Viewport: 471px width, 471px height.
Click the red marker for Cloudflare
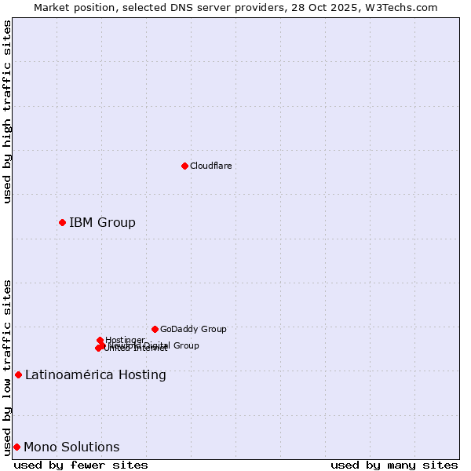coord(184,166)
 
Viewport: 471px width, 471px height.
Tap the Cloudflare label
coord(210,166)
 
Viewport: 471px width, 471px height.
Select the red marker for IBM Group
coord(62,222)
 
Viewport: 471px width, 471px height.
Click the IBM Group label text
coord(102,222)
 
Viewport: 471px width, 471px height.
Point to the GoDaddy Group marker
coord(155,329)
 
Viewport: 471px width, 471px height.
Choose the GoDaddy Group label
coord(193,329)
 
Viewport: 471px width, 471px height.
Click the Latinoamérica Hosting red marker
coord(18,374)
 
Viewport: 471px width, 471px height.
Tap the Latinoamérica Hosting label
coord(95,374)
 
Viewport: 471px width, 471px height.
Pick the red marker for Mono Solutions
coord(16,447)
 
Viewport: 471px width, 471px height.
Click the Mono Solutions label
coord(71,447)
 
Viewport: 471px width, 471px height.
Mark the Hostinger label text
coord(125,340)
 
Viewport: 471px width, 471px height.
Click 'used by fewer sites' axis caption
coord(81,465)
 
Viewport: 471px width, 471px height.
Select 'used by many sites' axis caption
coord(394,465)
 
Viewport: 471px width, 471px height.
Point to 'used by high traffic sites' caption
coord(7,111)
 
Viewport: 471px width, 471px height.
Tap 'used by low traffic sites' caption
coord(7,367)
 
